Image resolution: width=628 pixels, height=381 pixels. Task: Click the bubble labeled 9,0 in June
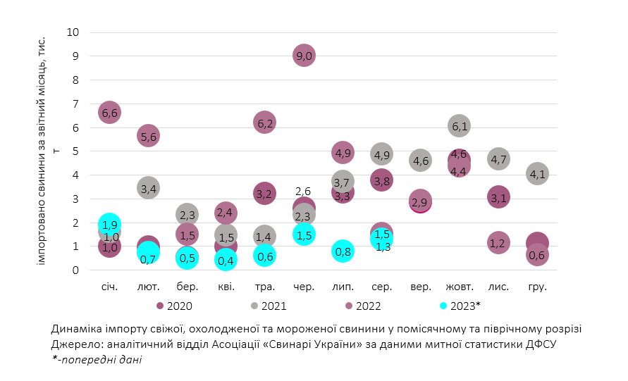click(304, 56)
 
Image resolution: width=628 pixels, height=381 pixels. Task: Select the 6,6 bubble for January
click(109, 113)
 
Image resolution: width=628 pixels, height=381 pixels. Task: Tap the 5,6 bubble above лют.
click(148, 136)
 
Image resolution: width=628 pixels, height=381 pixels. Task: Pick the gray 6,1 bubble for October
click(459, 126)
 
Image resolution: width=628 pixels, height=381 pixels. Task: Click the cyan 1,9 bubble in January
click(109, 225)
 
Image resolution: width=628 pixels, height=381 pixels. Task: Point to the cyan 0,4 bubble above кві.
click(226, 261)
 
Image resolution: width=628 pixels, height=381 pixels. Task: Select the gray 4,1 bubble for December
click(536, 174)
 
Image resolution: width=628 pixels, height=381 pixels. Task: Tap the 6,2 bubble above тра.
click(264, 123)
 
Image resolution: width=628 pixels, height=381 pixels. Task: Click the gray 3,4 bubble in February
click(148, 188)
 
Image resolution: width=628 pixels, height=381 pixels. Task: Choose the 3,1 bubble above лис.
click(498, 198)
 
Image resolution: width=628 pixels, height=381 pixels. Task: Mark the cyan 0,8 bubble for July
click(343, 251)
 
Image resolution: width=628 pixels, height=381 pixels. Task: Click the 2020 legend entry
click(174, 306)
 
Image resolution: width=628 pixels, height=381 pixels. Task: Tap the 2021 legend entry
click(269, 306)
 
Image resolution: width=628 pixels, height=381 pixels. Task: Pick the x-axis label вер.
click(420, 287)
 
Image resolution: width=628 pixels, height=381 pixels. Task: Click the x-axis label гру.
click(536, 287)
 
